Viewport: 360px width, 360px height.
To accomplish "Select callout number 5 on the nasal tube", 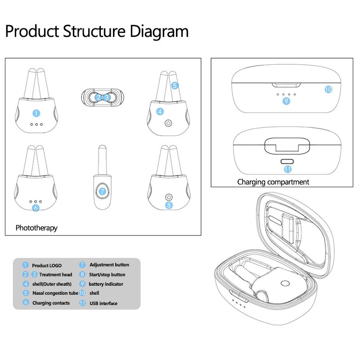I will click(x=175, y=85).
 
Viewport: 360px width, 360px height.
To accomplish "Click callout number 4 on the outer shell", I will click(x=160, y=111).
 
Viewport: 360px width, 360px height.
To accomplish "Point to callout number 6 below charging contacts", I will click(x=36, y=208).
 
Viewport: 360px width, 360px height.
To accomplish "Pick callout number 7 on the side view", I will click(x=102, y=191).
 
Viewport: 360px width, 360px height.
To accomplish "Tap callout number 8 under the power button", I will click(x=169, y=205).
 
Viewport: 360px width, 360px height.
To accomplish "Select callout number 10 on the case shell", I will click(x=328, y=89).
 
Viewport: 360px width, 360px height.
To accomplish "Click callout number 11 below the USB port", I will click(x=288, y=169).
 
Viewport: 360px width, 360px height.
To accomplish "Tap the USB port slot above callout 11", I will click(x=287, y=161).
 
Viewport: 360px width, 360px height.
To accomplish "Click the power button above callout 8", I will click(x=169, y=197).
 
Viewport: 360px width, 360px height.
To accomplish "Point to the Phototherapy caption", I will click(x=36, y=228).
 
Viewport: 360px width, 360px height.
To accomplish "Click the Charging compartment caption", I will click(x=273, y=182).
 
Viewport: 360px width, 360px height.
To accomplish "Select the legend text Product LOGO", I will click(x=47, y=265).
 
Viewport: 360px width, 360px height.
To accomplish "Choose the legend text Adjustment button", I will click(x=109, y=265).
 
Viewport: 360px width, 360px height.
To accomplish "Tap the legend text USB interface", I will click(x=103, y=303).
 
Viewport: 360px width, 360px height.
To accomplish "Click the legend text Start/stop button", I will click(x=107, y=274).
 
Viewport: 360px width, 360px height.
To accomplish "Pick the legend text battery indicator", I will click(x=106, y=284).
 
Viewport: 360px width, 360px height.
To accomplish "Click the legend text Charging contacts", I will click(x=51, y=303).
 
